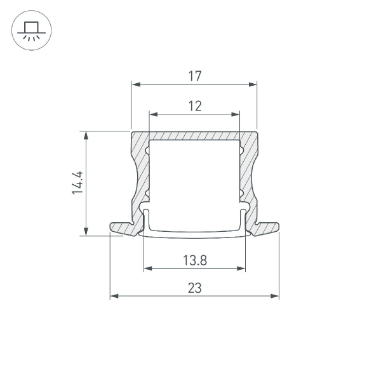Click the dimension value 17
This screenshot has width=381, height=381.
tap(194, 76)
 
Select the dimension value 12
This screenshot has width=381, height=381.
tap(194, 107)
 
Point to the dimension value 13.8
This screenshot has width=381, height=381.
tap(194, 260)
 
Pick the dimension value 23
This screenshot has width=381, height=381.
tap(194, 288)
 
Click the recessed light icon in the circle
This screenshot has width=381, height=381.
tap(31, 31)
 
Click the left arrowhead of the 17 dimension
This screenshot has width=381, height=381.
tap(135, 84)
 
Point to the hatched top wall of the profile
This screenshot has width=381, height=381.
tap(194, 136)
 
